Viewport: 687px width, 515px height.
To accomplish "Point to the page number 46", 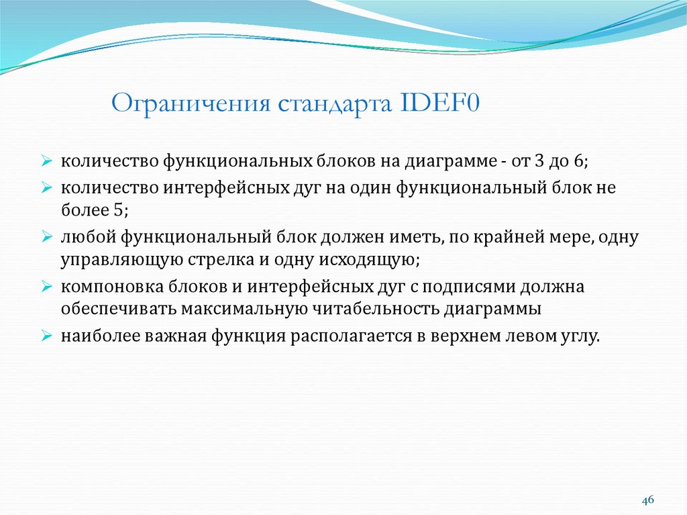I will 647,500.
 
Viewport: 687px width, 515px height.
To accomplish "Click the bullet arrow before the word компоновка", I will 46,287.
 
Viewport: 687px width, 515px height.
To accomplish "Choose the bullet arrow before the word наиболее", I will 46,336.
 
